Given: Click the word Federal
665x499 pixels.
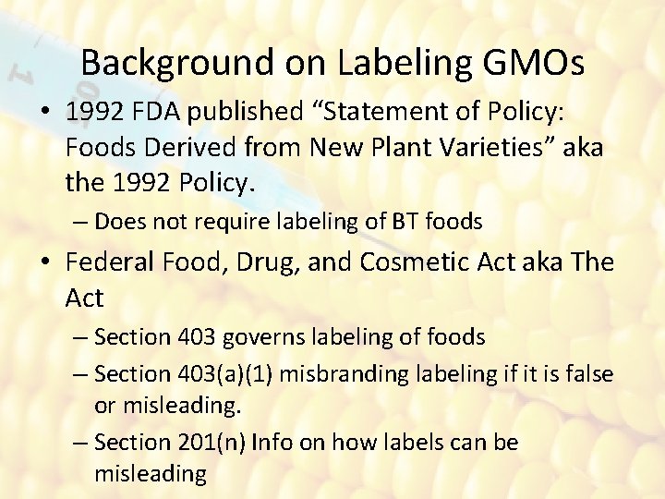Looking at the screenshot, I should tap(112, 262).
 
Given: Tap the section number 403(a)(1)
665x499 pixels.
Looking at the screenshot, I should tap(227, 373).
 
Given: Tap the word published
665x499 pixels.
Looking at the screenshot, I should tap(242, 112).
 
